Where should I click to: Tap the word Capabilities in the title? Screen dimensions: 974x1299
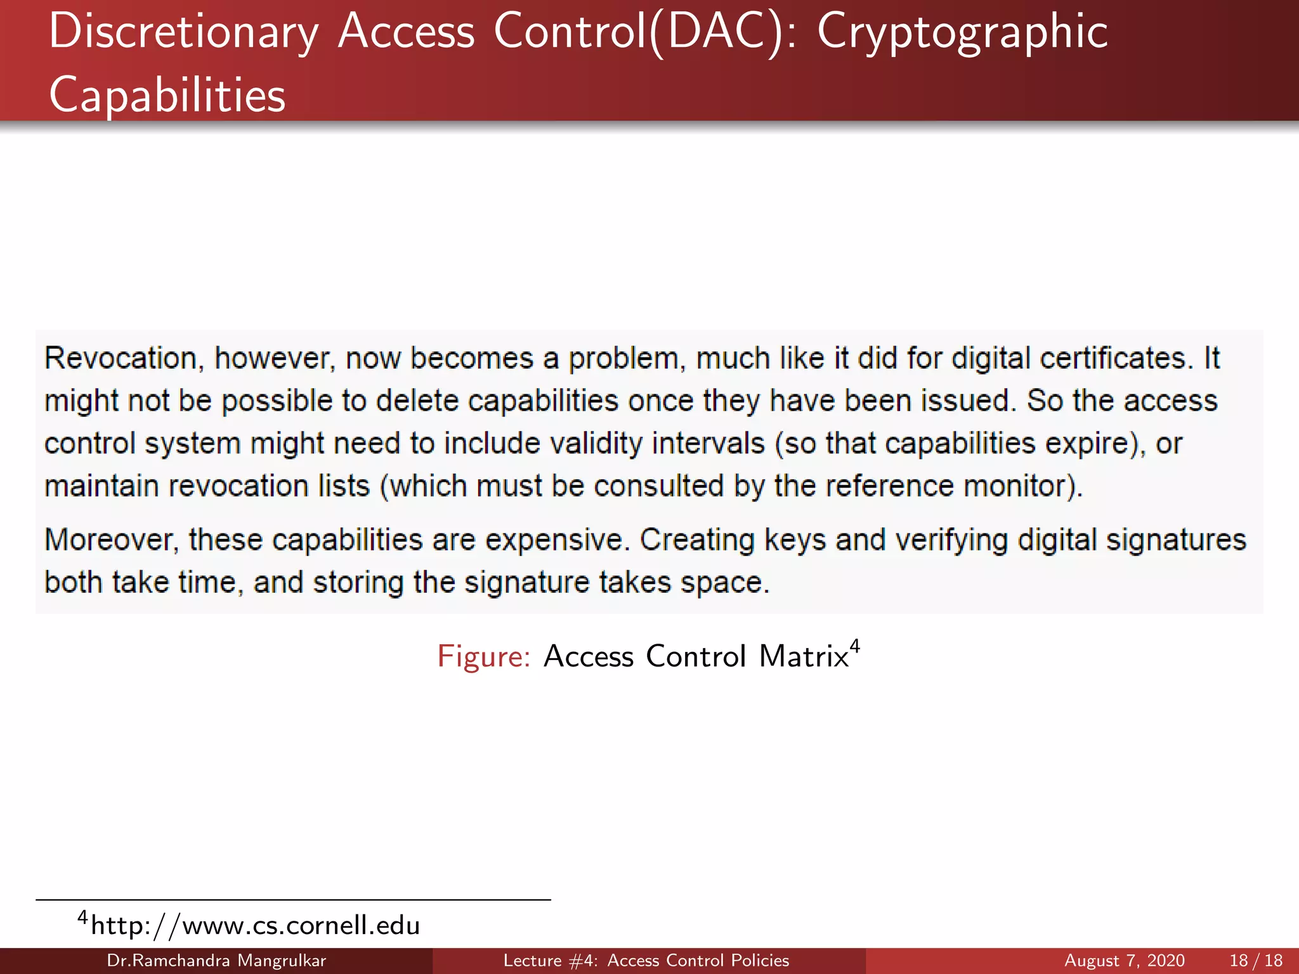(167, 95)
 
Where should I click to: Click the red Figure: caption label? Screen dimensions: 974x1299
(483, 656)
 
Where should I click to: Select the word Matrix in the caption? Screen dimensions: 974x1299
(804, 656)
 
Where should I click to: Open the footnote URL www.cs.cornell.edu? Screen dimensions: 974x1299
(256, 926)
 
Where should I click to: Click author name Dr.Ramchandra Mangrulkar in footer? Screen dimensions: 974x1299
(216, 961)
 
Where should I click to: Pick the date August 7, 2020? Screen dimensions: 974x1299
(1124, 961)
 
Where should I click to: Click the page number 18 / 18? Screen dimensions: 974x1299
(1256, 961)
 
